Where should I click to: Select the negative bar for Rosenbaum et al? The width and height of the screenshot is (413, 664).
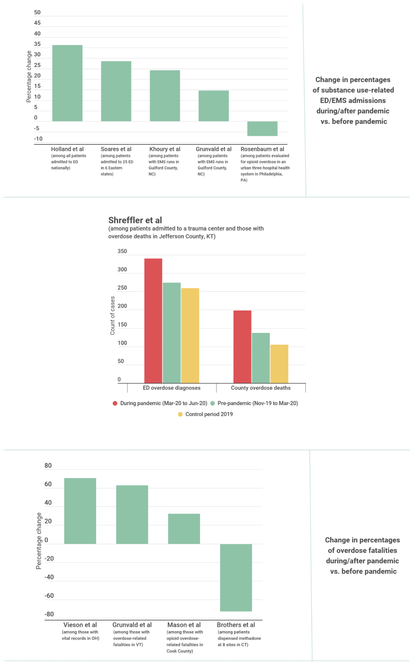262,128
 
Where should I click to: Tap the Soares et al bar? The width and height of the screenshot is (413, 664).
116,91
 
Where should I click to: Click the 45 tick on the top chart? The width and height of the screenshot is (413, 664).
37,23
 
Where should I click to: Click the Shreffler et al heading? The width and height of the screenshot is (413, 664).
135,220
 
